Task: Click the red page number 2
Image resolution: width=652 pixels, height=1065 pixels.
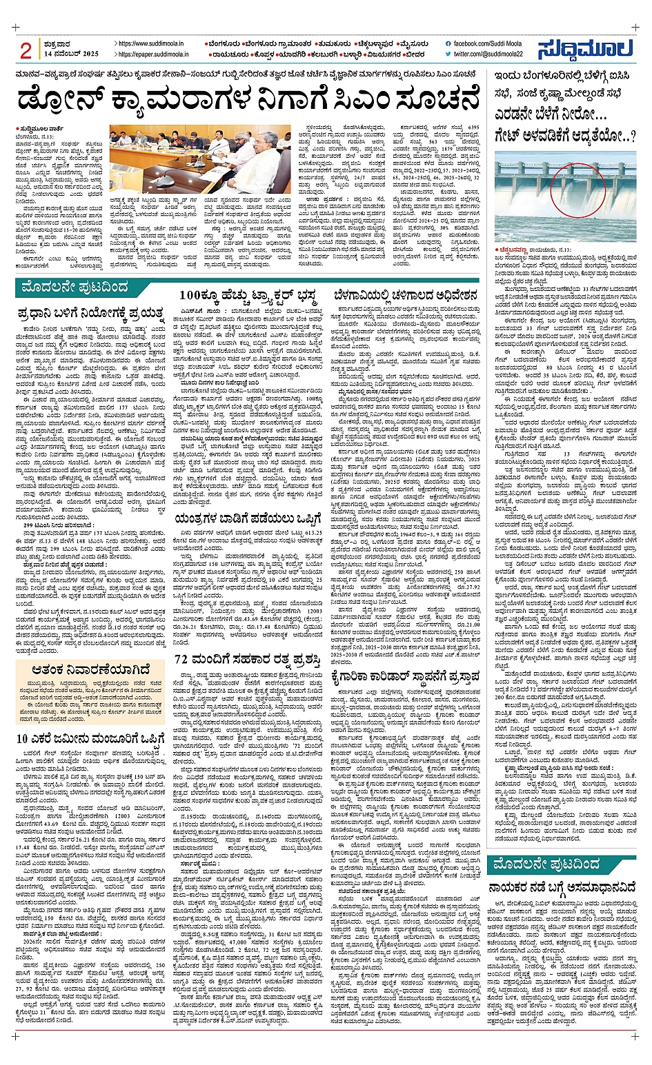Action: coord(26,50)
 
